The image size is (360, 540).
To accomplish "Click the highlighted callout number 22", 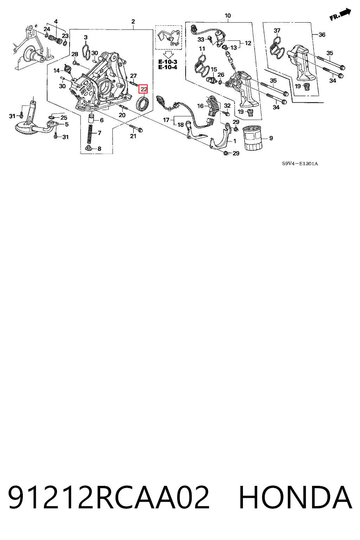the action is (143, 89).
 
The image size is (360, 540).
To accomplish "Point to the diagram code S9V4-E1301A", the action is (300, 164).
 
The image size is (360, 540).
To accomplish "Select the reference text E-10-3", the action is (168, 62).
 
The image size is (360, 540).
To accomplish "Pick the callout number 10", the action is (227, 16).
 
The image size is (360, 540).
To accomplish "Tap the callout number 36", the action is (322, 35).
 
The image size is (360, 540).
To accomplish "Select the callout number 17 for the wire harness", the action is (166, 120).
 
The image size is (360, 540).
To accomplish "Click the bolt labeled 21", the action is (136, 128).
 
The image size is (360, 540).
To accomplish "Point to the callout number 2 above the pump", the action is (133, 22).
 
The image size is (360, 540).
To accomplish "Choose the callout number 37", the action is (277, 31).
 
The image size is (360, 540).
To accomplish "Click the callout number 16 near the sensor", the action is (200, 106).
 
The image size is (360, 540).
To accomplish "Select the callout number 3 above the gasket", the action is (85, 37).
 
